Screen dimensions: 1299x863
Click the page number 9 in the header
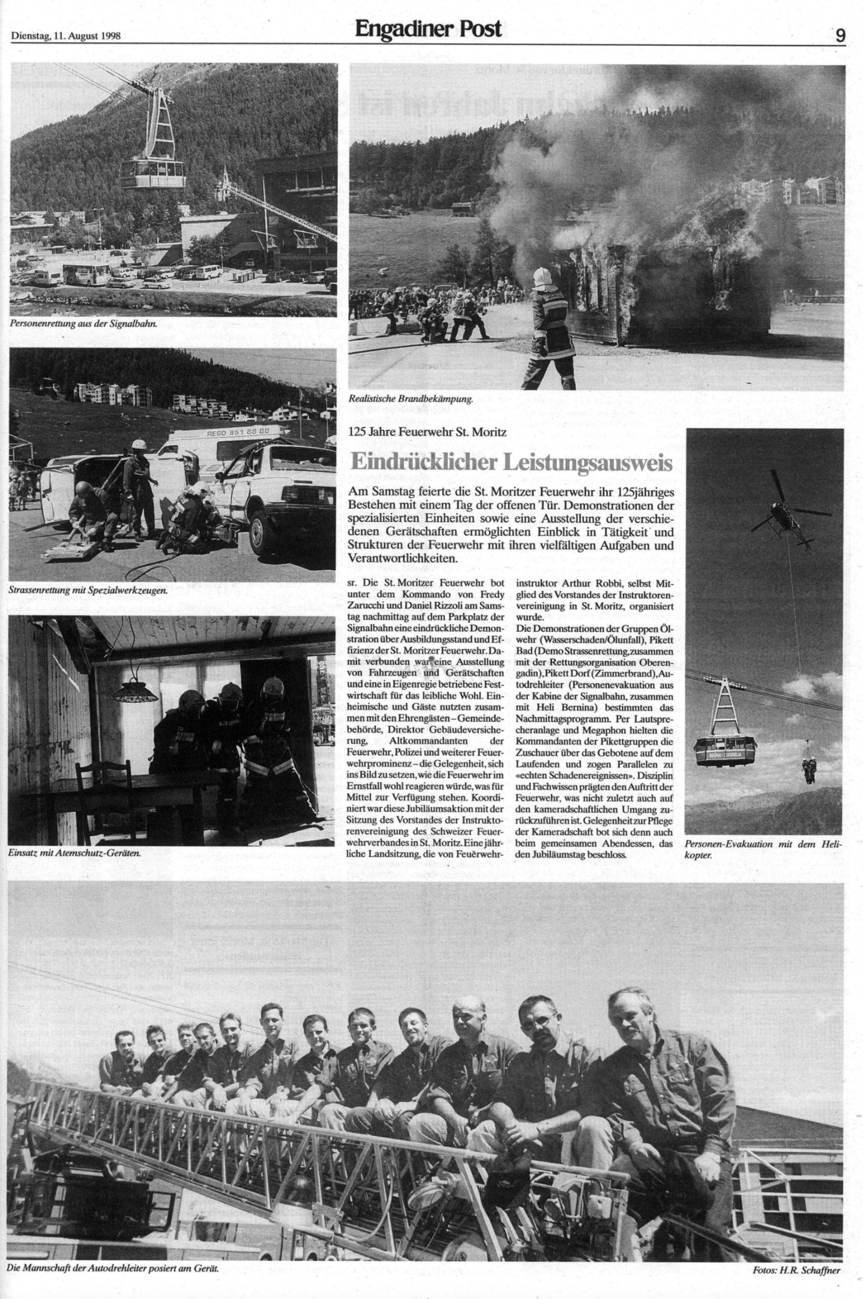coord(840,36)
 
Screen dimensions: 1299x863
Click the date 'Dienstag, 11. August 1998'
coord(66,36)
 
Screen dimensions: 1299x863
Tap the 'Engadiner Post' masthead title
coord(428,29)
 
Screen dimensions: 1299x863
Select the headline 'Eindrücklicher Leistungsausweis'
coord(511,462)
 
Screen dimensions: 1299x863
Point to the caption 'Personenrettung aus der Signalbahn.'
coord(83,324)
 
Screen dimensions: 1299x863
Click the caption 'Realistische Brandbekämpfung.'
coord(411,398)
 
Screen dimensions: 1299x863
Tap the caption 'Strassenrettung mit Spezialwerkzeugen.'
coord(89,589)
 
